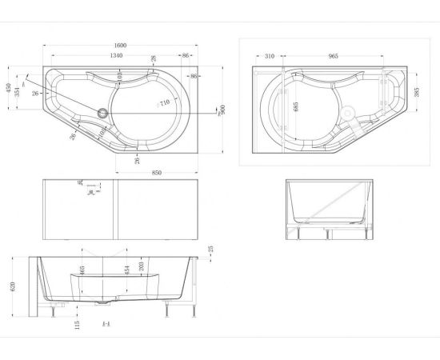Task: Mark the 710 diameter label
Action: click(x=164, y=102)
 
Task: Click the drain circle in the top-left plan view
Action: click(x=102, y=113)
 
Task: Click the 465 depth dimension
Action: click(x=82, y=272)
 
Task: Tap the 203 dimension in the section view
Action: click(x=142, y=267)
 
